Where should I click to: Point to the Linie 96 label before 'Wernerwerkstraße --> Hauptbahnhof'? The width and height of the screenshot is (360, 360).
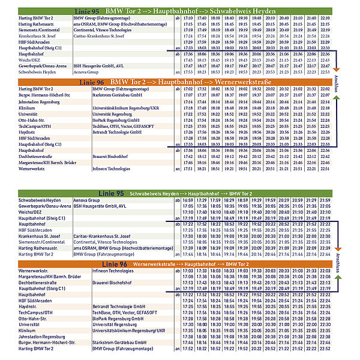point(107,263)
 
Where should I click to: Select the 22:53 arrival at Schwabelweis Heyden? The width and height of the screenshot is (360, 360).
point(325,71)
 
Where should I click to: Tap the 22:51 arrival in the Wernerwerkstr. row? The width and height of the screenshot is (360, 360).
point(325,169)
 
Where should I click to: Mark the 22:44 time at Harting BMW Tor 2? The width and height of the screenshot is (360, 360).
point(325,255)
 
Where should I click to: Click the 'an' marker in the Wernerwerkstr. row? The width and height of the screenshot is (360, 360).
point(177,169)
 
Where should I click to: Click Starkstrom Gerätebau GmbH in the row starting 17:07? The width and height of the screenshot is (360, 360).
point(116,95)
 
